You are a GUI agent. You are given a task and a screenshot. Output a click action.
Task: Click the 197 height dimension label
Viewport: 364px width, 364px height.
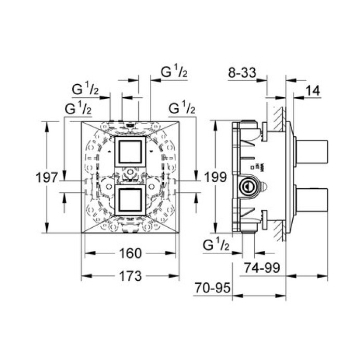47,178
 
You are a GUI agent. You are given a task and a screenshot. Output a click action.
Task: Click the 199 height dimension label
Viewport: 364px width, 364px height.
215,177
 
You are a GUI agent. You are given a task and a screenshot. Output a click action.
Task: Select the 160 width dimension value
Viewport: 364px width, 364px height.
130,253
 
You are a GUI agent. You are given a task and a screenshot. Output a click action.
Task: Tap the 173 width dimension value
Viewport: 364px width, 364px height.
130,276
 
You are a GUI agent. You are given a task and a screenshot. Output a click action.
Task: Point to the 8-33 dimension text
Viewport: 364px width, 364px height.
242,72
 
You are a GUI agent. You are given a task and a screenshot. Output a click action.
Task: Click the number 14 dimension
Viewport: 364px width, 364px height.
313,90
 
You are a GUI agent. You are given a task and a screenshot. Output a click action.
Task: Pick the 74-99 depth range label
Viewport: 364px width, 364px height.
262,268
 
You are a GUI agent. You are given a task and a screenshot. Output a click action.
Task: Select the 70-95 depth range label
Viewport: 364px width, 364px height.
212,288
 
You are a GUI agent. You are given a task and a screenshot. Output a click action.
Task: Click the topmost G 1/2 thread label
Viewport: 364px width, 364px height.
174,72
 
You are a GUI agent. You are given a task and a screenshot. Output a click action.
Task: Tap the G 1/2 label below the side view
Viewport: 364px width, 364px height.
216,244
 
